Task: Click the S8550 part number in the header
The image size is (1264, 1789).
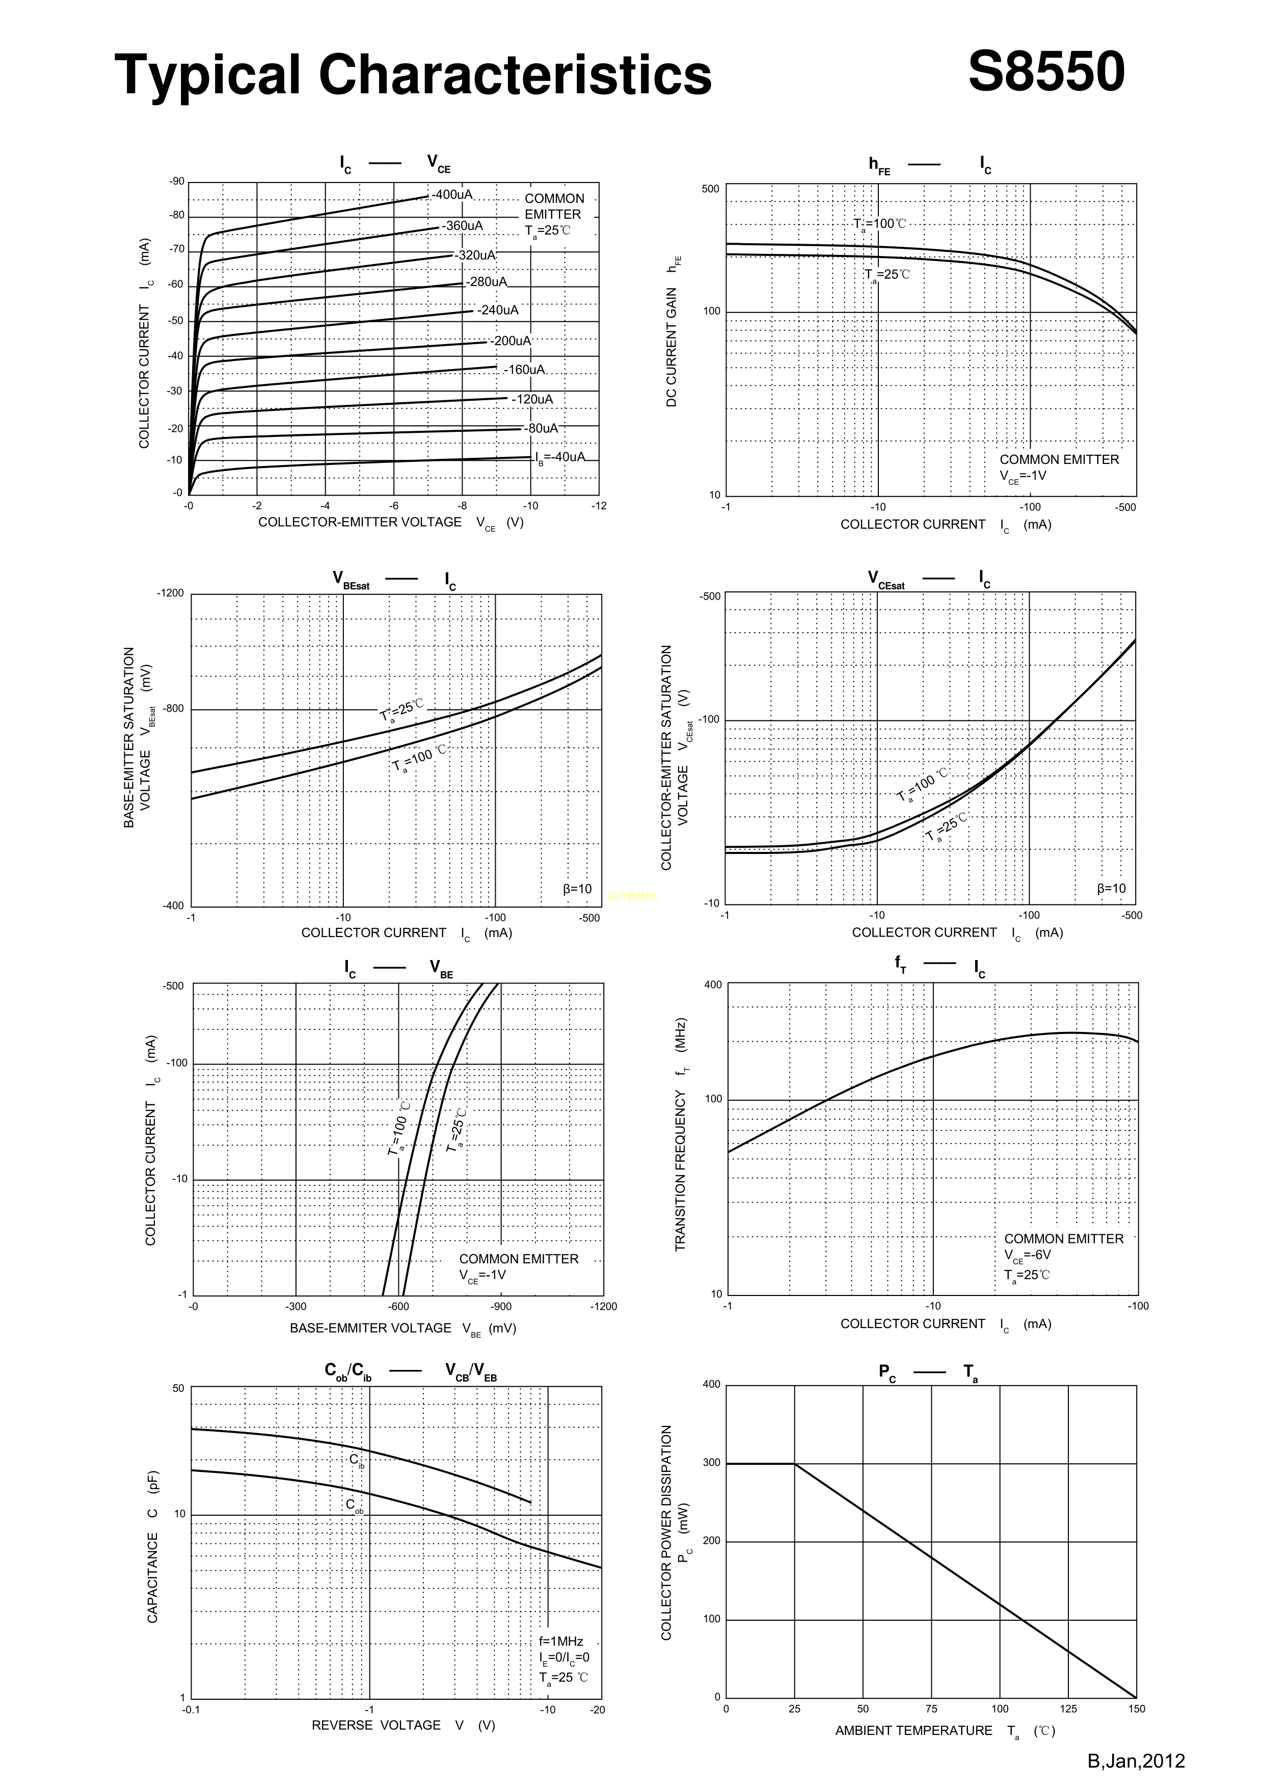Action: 1046,72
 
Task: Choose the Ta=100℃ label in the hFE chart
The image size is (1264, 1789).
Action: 880,224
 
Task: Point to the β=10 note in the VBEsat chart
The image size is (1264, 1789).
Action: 577,888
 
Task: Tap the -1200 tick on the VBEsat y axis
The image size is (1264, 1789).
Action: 171,593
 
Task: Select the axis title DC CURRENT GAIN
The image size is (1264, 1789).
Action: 671,347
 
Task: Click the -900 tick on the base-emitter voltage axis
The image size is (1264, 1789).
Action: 501,1307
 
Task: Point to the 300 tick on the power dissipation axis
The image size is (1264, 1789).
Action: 712,1463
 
